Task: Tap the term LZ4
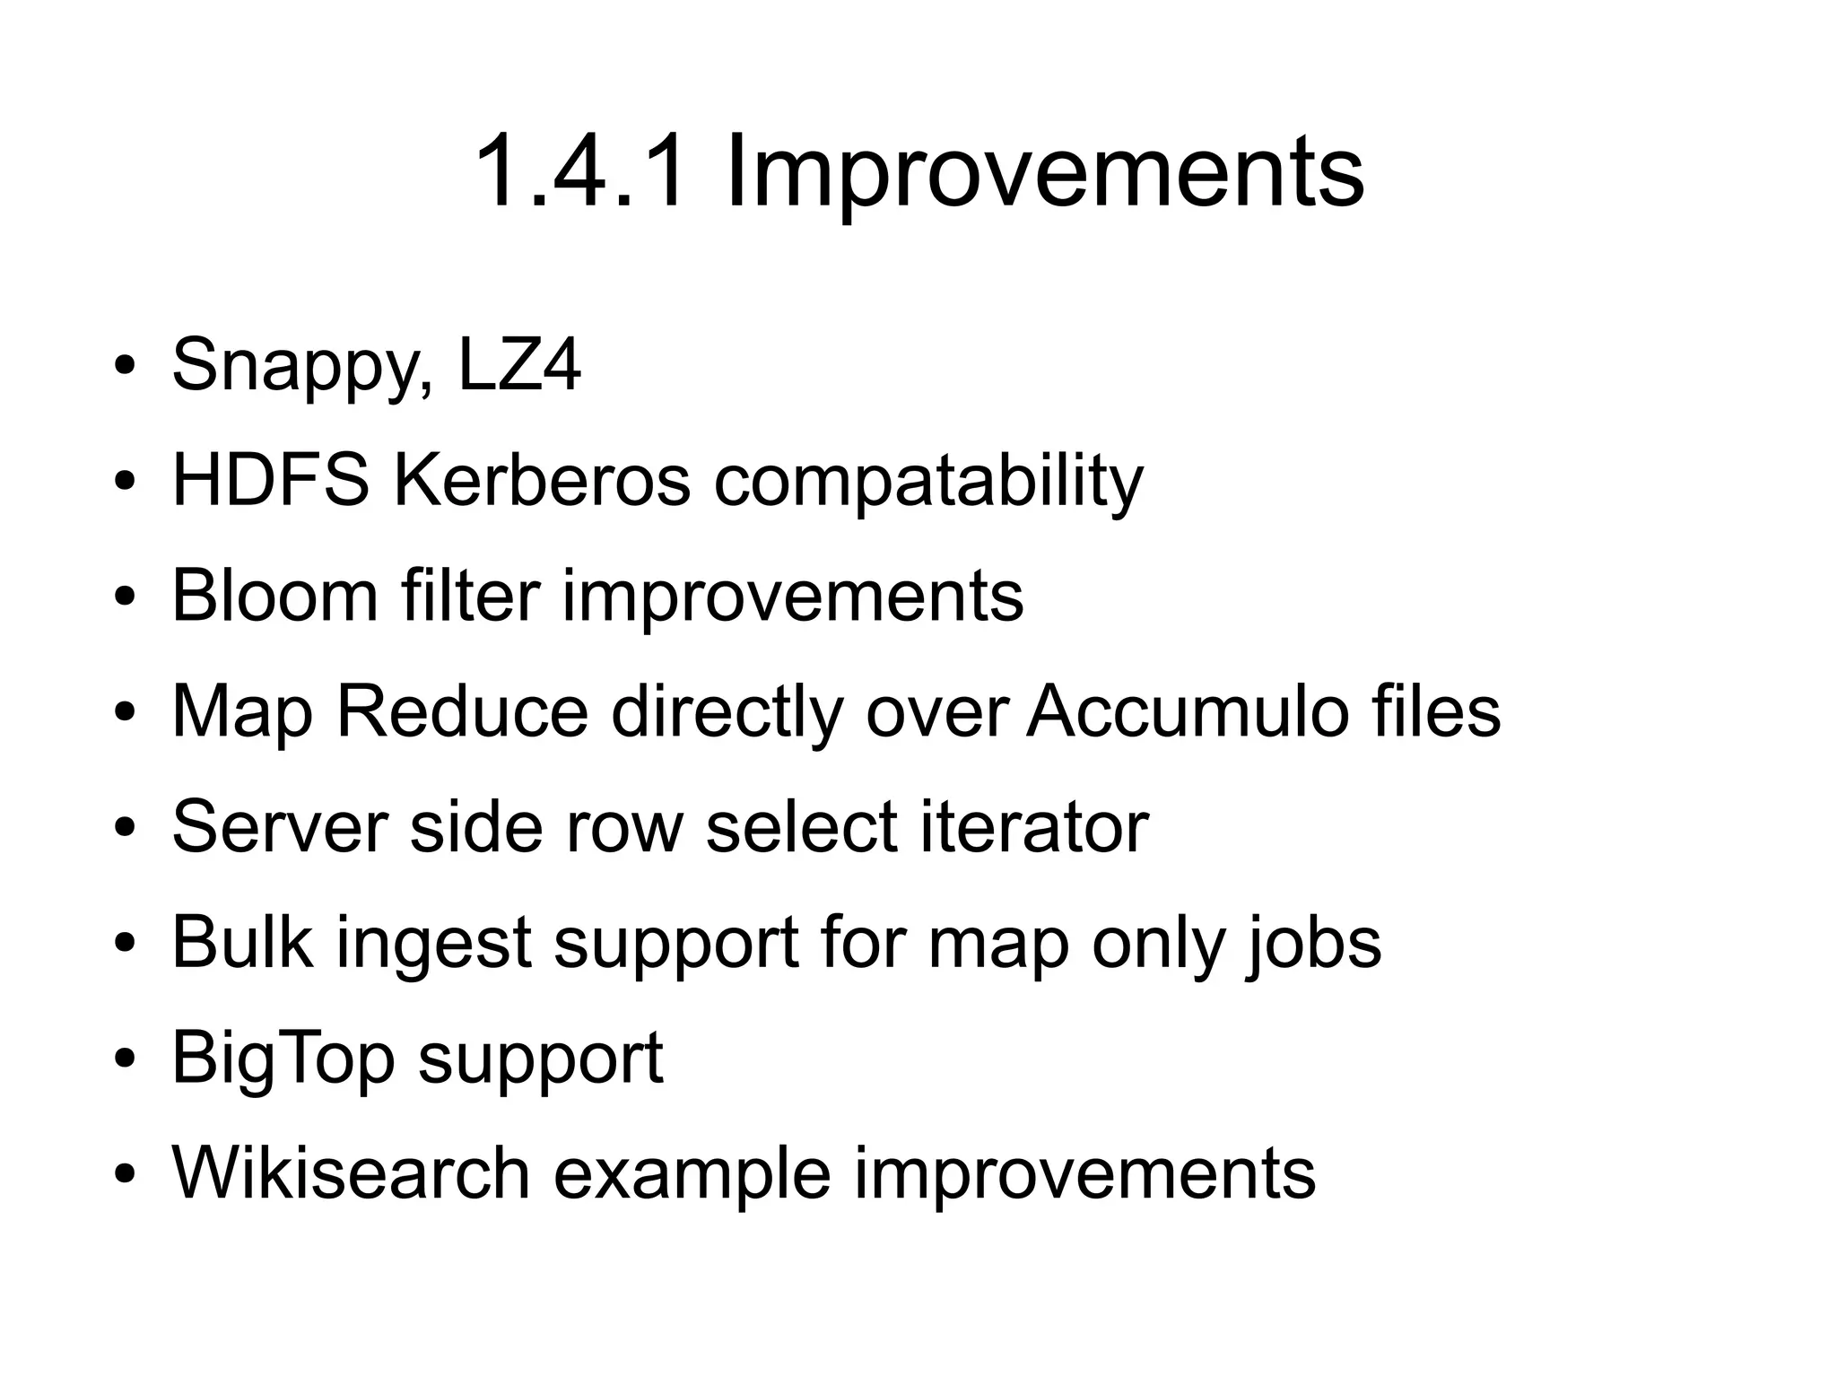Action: tap(519, 364)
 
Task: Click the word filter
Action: tap(471, 596)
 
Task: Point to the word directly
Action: tap(727, 712)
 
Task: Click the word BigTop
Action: tap(283, 1059)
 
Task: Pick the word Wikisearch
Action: tap(351, 1172)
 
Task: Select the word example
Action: tap(692, 1174)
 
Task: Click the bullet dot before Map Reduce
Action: tap(125, 713)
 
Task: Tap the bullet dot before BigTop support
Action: tap(125, 1059)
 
